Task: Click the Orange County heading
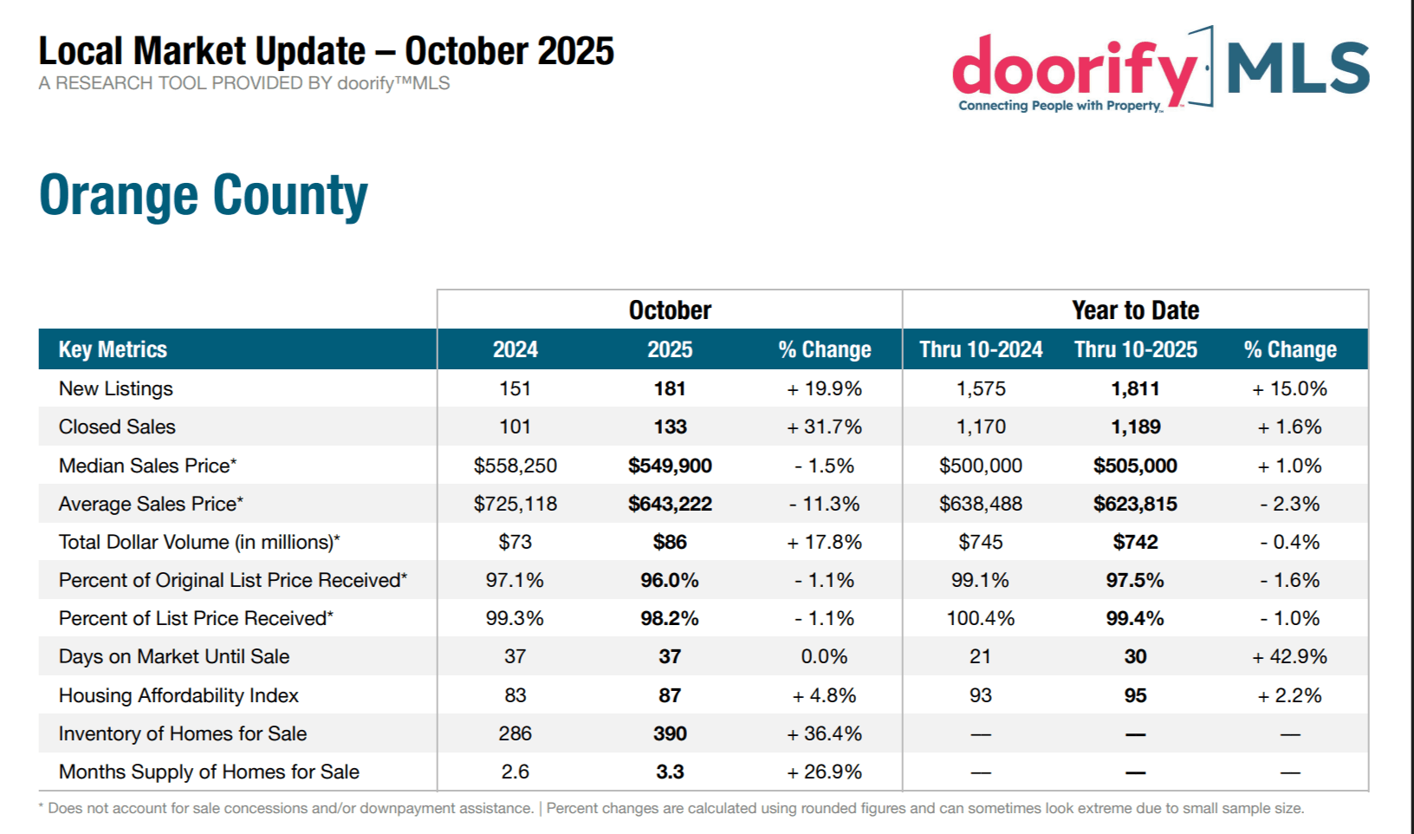click(x=204, y=195)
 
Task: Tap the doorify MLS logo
click(x=1160, y=69)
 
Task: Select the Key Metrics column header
click(x=113, y=349)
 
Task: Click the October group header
click(x=670, y=310)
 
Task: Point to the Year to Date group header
click(x=1135, y=310)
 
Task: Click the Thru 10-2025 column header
click(x=1135, y=349)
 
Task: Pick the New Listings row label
click(x=116, y=388)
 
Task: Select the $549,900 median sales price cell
click(x=670, y=466)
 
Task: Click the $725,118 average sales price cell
click(x=515, y=504)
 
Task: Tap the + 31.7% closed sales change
click(x=824, y=427)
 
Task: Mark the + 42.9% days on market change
click(x=1289, y=656)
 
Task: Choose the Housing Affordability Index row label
click(x=178, y=695)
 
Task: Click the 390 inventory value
click(x=670, y=733)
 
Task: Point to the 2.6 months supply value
click(x=515, y=772)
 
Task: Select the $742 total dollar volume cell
click(x=1135, y=542)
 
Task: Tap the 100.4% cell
click(x=980, y=618)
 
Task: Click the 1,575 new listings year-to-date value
click(x=981, y=388)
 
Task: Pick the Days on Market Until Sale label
click(x=174, y=656)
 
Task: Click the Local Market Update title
click(x=327, y=51)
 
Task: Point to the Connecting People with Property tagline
click(x=1059, y=106)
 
